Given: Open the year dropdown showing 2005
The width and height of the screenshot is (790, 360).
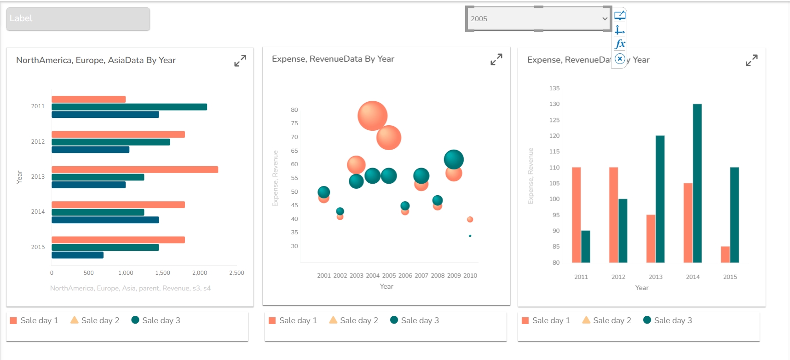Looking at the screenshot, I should [538, 19].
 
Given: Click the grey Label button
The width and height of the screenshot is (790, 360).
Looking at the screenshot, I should [78, 19].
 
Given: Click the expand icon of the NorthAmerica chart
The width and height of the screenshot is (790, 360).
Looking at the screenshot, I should [240, 61].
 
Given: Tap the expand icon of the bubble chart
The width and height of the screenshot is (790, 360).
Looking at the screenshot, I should [496, 59].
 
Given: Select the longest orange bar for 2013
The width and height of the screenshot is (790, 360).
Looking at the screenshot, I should [135, 169].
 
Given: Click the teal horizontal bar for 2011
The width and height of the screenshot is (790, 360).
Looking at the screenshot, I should [129, 107].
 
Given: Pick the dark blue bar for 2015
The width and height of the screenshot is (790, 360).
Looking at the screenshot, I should [77, 255].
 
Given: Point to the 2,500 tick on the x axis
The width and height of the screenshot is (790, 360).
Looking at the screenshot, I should [236, 273].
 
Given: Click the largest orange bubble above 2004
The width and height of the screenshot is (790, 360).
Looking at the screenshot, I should [372, 116].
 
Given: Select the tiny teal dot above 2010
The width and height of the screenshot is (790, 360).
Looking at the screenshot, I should [470, 236].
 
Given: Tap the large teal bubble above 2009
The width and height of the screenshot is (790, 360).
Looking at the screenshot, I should [454, 159].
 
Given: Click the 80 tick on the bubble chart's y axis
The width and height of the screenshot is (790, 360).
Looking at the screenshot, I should [294, 110].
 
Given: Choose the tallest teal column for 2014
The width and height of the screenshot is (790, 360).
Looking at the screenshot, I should [697, 183].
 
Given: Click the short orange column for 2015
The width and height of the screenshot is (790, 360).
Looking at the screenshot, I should [725, 255].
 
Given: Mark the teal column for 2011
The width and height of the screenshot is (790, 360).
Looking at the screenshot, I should [585, 246].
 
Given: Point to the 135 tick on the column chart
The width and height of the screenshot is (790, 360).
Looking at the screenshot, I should [554, 88].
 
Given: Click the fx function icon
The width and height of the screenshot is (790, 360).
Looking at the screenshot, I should [620, 44].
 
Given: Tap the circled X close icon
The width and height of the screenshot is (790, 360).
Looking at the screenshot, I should [620, 59].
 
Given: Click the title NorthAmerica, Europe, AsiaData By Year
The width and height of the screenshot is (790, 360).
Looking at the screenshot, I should [96, 60].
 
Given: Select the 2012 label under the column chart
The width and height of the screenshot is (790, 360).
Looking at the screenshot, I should [618, 277].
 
